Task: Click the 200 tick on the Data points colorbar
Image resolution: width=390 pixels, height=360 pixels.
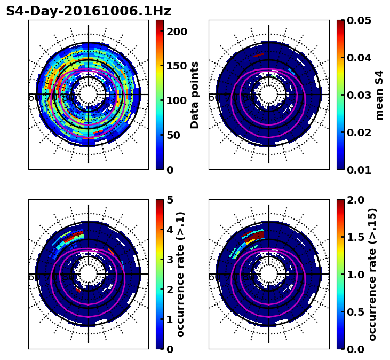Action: coord(177,32)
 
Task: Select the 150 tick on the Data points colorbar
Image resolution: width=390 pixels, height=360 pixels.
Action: coord(177,66)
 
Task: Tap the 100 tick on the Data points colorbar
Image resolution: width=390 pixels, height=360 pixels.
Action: coord(177,100)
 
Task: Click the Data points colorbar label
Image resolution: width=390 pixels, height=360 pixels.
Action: coord(195,95)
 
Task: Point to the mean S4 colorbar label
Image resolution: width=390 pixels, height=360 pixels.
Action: coord(379,95)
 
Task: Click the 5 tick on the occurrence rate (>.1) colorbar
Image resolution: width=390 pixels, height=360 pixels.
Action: coord(169,200)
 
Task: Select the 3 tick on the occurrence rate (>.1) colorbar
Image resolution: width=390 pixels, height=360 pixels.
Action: coord(169,260)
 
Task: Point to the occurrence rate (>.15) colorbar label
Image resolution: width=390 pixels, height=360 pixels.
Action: coord(372,275)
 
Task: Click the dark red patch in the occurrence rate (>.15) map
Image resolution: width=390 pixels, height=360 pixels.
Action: coord(258,235)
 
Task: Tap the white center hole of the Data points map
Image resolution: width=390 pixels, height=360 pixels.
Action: coord(89,95)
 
